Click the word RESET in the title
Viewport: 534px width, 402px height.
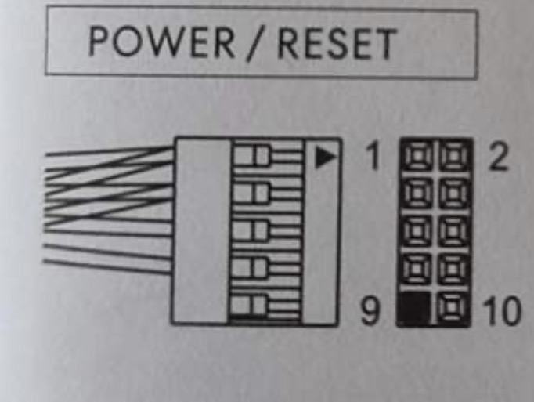(337, 45)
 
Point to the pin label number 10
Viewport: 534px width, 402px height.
(501, 312)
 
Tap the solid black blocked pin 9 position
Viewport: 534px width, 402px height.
(415, 310)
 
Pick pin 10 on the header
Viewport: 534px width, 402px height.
(453, 310)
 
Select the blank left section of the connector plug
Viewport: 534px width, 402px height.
(201, 231)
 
